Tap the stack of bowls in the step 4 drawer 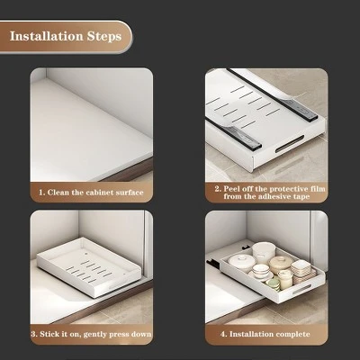tap(261, 256)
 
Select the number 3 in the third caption tap(33, 334)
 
